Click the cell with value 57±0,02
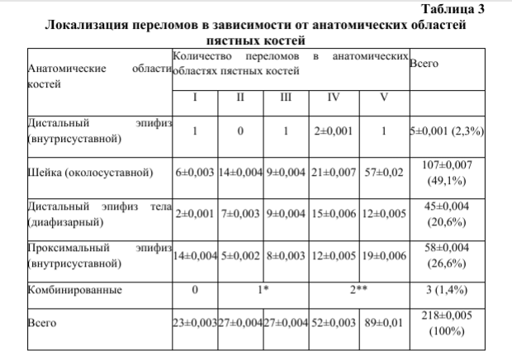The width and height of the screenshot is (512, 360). click(385, 173)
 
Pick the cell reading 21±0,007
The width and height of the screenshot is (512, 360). click(334, 173)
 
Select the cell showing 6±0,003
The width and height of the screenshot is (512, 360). click(195, 173)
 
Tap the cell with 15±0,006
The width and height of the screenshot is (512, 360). click(334, 213)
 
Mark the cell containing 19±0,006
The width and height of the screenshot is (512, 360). click(385, 255)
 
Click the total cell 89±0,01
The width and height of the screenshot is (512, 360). click(385, 323)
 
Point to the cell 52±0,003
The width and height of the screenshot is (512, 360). click(334, 323)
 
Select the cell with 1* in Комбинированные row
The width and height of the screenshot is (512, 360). click(263, 290)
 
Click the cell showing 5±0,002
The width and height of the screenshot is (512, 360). click(240, 255)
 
